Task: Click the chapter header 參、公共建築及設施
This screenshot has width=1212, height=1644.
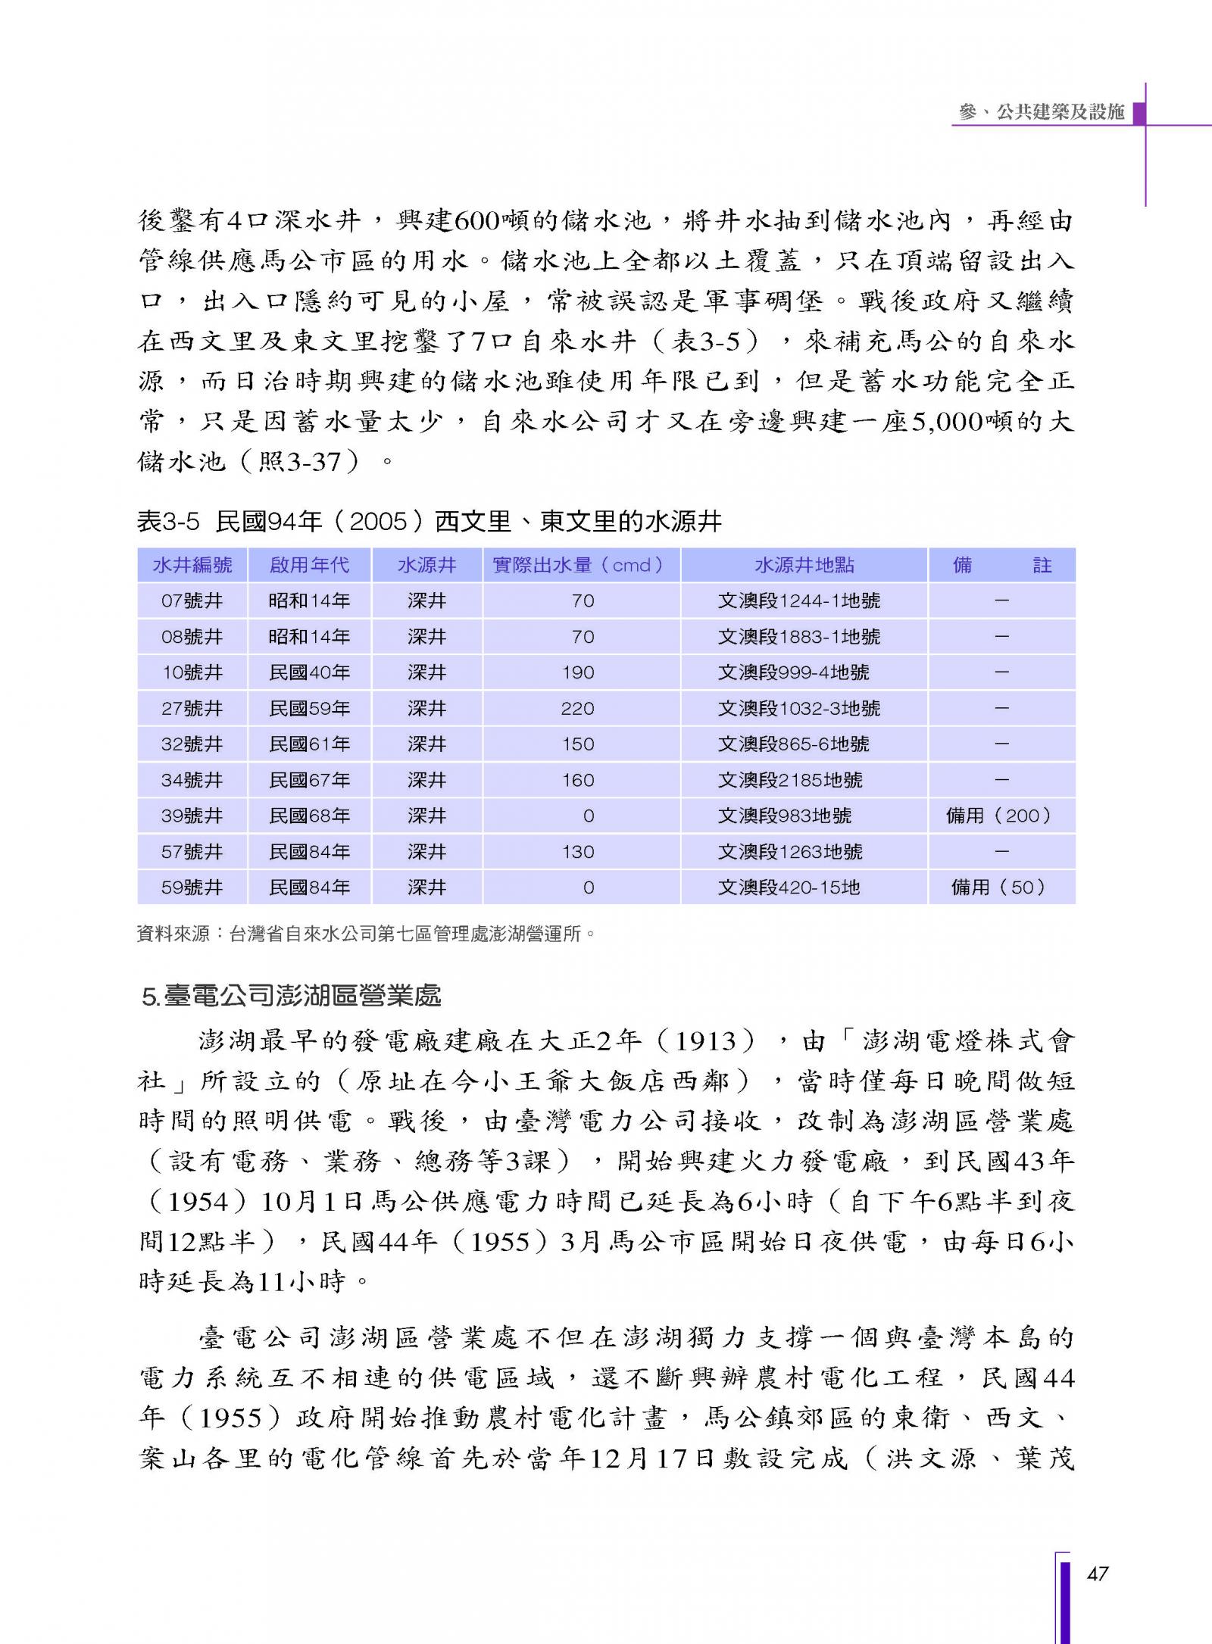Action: click(1041, 112)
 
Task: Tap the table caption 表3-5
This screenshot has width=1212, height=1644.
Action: click(167, 521)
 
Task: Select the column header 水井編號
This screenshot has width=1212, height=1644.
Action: click(192, 565)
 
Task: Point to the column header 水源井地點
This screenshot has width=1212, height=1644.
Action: click(804, 565)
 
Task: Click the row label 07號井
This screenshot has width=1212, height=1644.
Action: click(192, 601)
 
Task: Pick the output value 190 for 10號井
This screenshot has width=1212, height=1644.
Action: click(578, 672)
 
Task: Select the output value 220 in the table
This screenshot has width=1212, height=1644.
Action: click(578, 708)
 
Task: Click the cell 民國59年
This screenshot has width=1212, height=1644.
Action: click(309, 708)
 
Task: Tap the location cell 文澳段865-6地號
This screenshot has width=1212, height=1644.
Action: click(793, 744)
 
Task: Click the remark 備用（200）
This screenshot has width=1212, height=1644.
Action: click(999, 816)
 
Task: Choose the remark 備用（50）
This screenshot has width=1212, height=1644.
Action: click(999, 887)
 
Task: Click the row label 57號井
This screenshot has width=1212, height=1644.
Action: click(192, 851)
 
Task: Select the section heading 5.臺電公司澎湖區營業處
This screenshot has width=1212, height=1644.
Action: click(291, 996)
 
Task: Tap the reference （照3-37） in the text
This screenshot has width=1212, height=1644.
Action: click(299, 461)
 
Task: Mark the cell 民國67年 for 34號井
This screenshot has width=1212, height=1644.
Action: click(309, 780)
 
